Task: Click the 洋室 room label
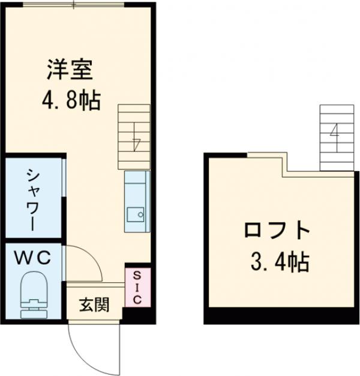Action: click(70, 70)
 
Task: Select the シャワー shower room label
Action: click(32, 198)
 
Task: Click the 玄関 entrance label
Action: click(95, 305)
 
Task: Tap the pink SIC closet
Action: click(136, 287)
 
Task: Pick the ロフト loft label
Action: click(278, 231)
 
